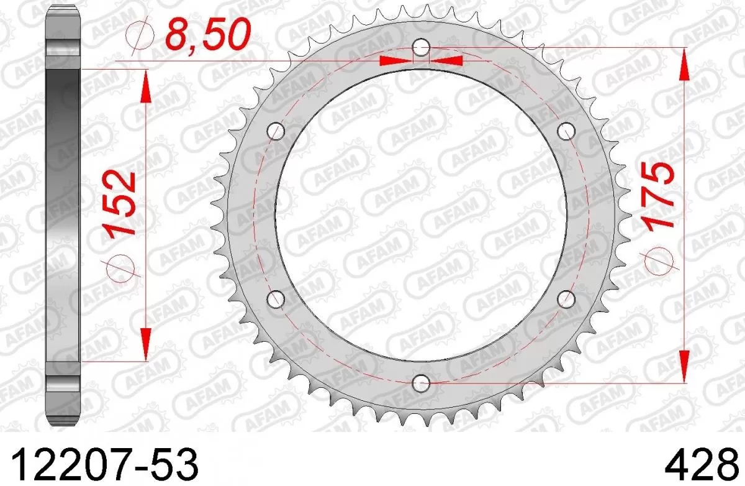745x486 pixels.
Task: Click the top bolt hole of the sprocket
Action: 421,47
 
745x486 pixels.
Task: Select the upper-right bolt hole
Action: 566,131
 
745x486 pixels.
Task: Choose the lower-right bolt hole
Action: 566,299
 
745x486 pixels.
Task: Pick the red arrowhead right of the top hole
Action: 446,60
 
